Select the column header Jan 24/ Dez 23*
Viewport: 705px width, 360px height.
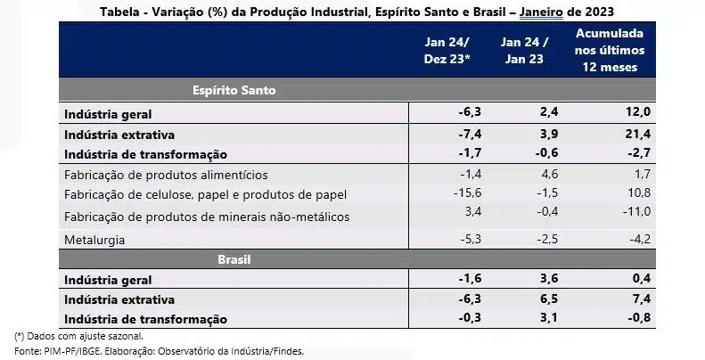(451, 52)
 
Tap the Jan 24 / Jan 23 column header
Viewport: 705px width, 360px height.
(524, 52)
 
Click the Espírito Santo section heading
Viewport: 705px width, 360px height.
(234, 91)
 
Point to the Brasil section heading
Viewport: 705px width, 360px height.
(234, 260)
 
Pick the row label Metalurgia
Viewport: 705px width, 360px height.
(94, 240)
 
